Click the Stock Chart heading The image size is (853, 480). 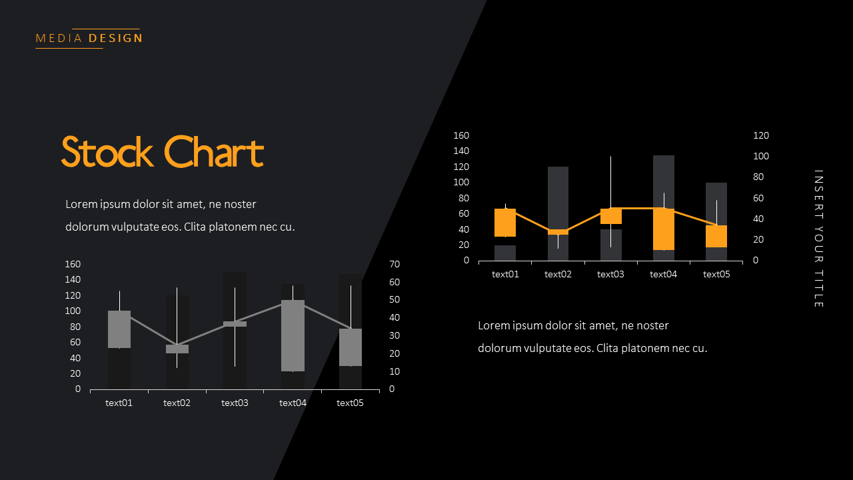coord(163,152)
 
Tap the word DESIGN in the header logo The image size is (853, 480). coord(115,39)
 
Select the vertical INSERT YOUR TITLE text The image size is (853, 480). coord(819,239)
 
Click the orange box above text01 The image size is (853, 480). coord(505,223)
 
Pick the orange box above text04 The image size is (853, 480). coord(664,229)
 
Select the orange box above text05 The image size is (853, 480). coord(716,236)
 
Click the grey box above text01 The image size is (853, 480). coord(119,329)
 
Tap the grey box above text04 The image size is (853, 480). coord(293,335)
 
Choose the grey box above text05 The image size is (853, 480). coord(351,347)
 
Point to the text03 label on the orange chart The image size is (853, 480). coord(610,274)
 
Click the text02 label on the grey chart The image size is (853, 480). coord(177,403)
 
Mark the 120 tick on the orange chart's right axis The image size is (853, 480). coord(761,135)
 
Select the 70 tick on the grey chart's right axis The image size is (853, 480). coord(395,265)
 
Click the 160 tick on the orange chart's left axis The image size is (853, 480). coord(461,135)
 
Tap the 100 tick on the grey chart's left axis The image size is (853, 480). coord(73,311)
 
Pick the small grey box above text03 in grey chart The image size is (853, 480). coord(235,324)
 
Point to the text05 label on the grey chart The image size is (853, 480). coord(350,403)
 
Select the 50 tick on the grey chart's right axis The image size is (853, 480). coord(395,300)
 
